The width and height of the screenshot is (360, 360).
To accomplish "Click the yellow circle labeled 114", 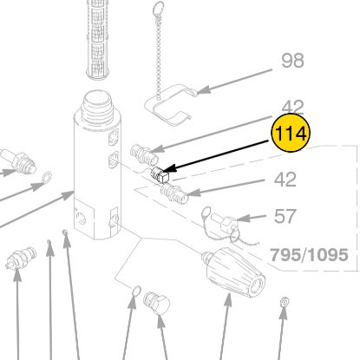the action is (291, 133).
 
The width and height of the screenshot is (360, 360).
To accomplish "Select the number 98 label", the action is (292, 61).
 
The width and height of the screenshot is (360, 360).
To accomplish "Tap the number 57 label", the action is (285, 216).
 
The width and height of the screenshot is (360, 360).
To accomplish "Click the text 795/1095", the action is (309, 255).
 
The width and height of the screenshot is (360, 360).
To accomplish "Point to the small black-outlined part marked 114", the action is (160, 174).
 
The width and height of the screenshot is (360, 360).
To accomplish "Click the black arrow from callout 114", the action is (216, 156).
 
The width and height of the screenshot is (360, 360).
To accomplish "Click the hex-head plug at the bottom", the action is (157, 303).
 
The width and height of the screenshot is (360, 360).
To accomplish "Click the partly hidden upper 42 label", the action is (292, 107).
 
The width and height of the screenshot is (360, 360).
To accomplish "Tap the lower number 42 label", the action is (285, 180).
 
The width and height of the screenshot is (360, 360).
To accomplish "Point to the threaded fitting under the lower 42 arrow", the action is (174, 194).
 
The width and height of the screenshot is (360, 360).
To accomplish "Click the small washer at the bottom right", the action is (284, 303).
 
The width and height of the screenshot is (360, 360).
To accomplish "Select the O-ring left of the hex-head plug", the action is (135, 291).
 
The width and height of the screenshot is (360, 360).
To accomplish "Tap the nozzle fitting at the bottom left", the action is (21, 257).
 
